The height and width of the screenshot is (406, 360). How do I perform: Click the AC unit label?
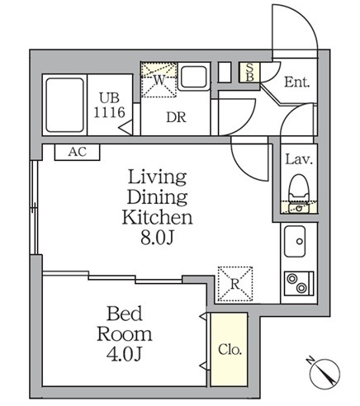click(78, 152)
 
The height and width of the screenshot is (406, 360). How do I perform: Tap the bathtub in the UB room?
click(64, 105)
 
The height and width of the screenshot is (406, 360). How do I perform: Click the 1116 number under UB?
click(109, 112)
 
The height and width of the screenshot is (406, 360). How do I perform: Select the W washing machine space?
click(159, 80)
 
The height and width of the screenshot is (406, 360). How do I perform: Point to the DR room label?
click(176, 118)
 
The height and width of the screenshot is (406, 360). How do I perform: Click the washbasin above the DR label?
click(194, 77)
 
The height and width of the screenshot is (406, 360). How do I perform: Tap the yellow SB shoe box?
click(249, 73)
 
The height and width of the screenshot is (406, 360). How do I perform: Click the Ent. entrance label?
click(296, 82)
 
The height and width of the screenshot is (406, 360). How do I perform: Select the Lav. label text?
click(299, 159)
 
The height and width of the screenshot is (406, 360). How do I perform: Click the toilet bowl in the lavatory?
click(299, 189)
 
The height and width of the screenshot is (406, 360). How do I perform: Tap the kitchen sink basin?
click(295, 241)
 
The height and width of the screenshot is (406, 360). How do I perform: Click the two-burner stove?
click(299, 283)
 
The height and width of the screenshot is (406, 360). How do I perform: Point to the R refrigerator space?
click(235, 284)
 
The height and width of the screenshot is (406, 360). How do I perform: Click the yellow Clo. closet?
click(229, 349)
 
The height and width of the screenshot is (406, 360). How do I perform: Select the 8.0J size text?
click(157, 238)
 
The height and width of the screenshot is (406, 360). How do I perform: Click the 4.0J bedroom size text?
click(124, 354)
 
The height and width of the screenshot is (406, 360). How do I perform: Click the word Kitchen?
click(157, 217)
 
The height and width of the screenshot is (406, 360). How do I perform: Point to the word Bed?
click(125, 314)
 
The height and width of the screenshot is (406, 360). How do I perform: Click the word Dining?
click(157, 197)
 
